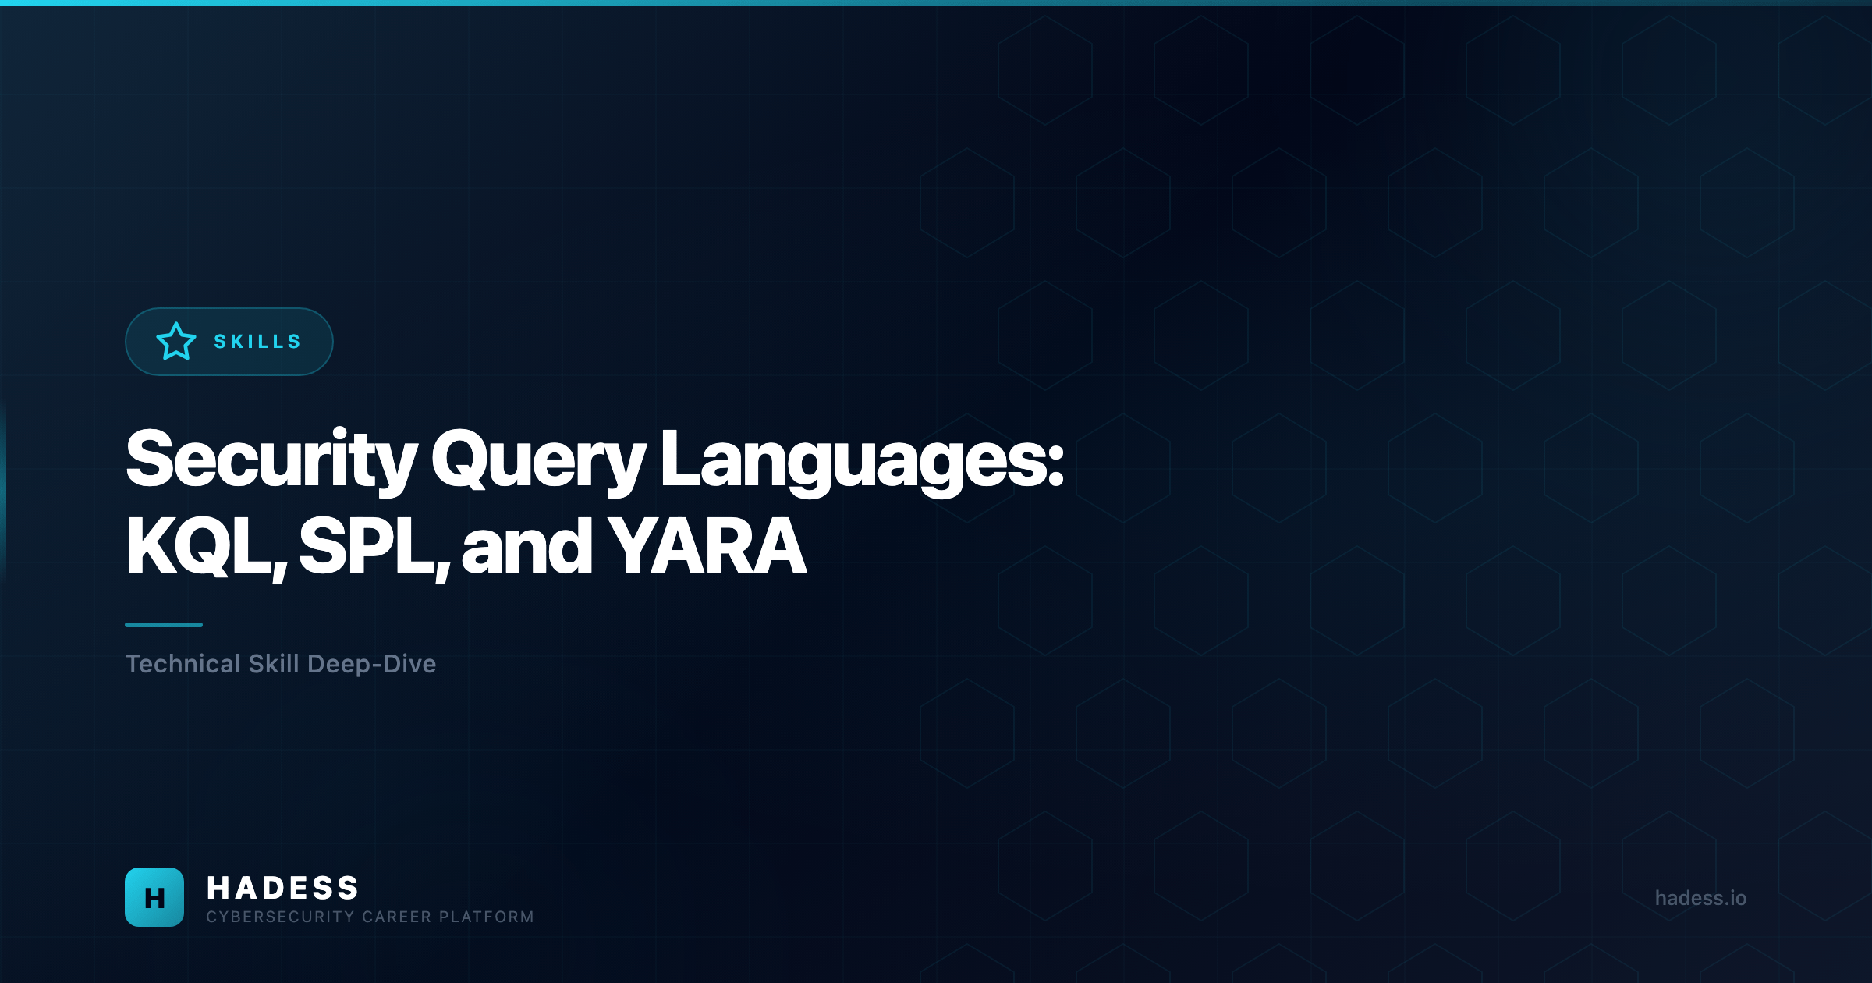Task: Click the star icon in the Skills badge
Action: tap(176, 342)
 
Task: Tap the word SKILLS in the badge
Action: tap(257, 342)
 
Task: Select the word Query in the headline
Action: tap(538, 461)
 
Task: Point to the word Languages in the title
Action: tap(853, 461)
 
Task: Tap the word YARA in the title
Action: tap(707, 548)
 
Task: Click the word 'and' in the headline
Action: tap(527, 548)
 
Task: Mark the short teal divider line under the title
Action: tap(164, 625)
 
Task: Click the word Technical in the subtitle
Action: tap(183, 664)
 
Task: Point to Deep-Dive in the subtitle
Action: tap(371, 664)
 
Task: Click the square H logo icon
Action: tap(154, 897)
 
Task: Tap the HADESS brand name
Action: tap(282, 888)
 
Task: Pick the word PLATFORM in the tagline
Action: tap(487, 917)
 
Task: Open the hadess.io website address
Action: tap(1700, 898)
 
